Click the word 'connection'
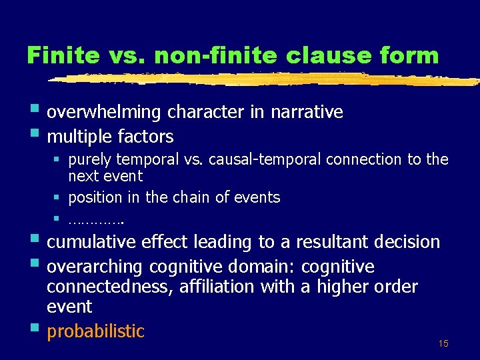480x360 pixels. click(x=366, y=159)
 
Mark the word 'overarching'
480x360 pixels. click(x=95, y=267)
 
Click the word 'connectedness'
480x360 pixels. click(x=103, y=287)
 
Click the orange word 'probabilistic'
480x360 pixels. click(x=95, y=331)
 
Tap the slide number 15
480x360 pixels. click(x=443, y=343)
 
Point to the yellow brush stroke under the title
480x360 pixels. click(x=267, y=79)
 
